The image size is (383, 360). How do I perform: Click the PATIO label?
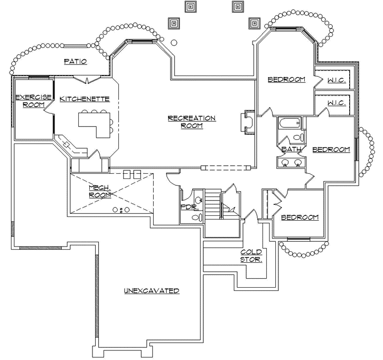coord(75,62)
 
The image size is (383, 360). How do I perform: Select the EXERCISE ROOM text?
coord(33,101)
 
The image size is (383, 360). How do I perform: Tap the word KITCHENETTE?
coord(85,99)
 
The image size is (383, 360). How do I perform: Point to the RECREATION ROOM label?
coord(191,121)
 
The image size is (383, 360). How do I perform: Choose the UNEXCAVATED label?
coord(152,291)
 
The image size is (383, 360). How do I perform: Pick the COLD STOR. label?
coord(251,256)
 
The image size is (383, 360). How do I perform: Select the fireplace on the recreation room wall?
coord(247,122)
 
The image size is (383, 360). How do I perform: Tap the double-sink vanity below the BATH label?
coord(291,162)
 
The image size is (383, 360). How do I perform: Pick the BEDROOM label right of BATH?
coord(331,149)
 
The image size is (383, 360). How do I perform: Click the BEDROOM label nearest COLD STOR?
coord(300,217)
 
